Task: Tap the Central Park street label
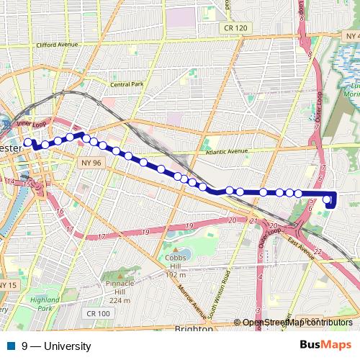point(128,84)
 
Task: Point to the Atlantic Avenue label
point(226,152)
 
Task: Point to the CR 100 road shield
point(98,313)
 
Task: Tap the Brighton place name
point(194,328)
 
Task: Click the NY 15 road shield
point(7,286)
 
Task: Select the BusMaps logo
point(325,346)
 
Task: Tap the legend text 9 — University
point(56,346)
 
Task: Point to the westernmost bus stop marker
point(29,143)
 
